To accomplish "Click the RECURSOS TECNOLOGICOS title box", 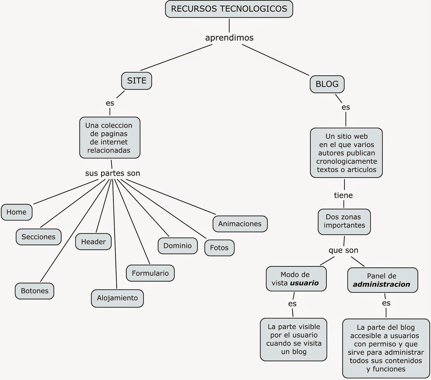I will point(229,9).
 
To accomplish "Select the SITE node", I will point(137,81).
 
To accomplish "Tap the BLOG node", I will point(327,84).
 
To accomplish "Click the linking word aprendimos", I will point(229,38).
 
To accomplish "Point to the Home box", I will point(16,212).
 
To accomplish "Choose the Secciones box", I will point(39,237).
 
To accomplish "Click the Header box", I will point(93,242).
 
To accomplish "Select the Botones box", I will point(34,291).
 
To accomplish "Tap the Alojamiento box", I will point(117,298).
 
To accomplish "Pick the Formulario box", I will point(150,273).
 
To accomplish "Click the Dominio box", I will point(178,246).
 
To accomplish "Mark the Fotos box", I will point(219,248).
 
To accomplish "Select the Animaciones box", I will point(240,224).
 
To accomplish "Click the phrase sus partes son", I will point(113,173).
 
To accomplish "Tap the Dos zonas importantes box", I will point(344,221).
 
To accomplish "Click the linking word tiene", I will point(343,195).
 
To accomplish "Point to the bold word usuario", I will point(304,283).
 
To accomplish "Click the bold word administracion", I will point(381,284).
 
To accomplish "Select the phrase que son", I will point(343,250).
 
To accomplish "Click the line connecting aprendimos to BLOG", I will point(275,60).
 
